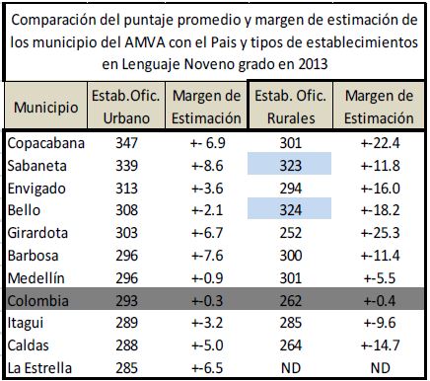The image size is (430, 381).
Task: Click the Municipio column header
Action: tap(45, 108)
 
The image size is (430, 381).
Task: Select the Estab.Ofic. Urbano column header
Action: tap(126, 107)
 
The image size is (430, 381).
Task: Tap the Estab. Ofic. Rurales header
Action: tap(291, 107)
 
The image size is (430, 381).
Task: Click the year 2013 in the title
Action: tap(313, 64)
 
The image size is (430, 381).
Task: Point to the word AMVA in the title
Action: tap(145, 42)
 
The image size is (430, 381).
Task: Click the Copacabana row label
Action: tap(46, 143)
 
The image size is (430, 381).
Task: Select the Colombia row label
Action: tap(38, 301)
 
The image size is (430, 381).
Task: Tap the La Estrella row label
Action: tap(39, 368)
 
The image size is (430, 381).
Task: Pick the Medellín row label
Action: tap(36, 278)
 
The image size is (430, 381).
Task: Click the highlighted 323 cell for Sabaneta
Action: tap(289, 164)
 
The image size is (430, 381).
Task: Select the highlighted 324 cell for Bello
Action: tap(289, 208)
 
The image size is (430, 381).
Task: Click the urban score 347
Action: tap(126, 143)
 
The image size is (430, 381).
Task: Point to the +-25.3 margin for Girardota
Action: tap(380, 233)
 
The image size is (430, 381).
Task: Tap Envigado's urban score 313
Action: tap(126, 189)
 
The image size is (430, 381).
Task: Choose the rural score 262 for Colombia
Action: tap(291, 301)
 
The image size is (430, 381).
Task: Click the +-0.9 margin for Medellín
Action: tap(207, 278)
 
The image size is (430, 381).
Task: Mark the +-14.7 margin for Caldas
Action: tap(380, 345)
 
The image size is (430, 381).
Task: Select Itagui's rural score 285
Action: tap(291, 323)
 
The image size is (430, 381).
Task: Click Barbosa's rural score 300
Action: tap(291, 256)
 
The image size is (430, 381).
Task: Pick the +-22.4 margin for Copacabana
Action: tap(380, 143)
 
